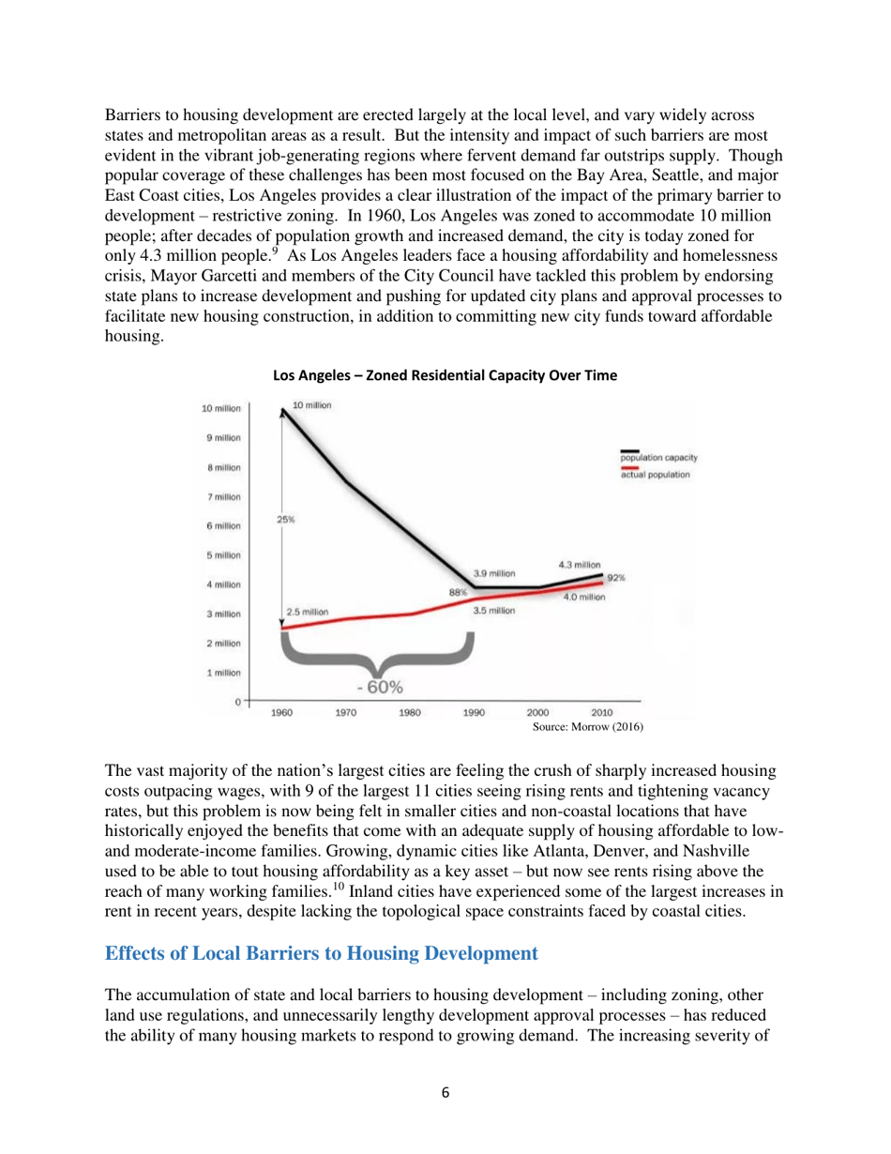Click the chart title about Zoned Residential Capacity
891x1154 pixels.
[x=445, y=376]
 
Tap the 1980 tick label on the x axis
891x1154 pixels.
[x=410, y=712]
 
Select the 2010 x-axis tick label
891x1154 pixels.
[x=602, y=712]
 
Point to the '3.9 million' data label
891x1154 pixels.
[x=494, y=573]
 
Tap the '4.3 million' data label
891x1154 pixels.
[x=579, y=565]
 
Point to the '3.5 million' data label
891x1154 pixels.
[x=494, y=611]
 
